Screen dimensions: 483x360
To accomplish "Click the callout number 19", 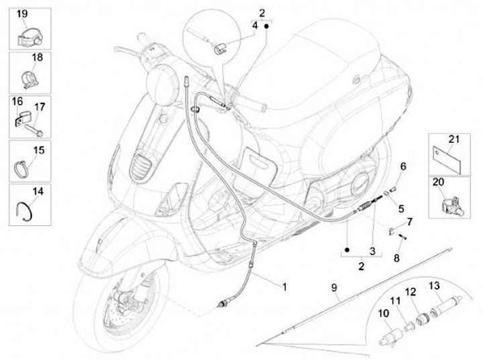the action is pyautogui.click(x=22, y=14).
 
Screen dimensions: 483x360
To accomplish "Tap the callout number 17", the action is pyautogui.click(x=40, y=107).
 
